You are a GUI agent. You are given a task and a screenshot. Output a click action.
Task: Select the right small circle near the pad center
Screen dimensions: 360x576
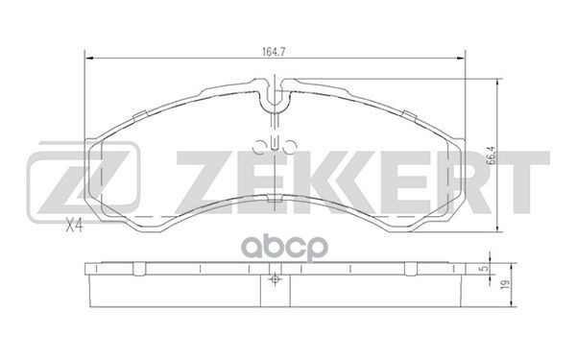point(290,147)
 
